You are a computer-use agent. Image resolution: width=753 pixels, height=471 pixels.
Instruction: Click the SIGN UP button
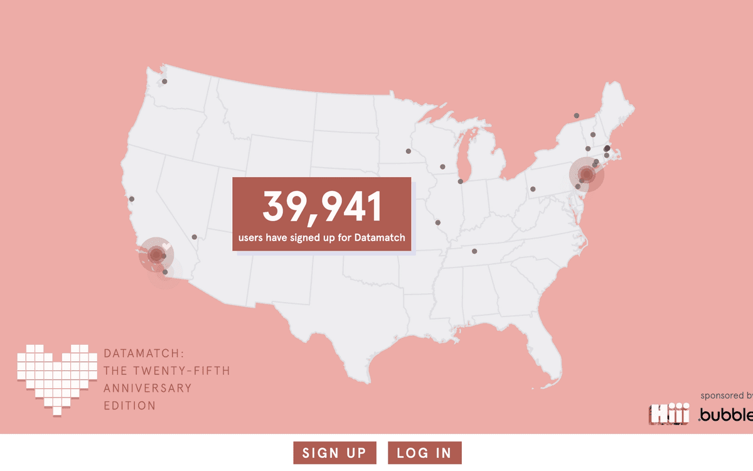[x=334, y=453]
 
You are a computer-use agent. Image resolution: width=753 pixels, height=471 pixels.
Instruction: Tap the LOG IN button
[x=424, y=453]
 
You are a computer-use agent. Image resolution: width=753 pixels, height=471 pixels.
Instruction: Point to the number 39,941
[x=322, y=207]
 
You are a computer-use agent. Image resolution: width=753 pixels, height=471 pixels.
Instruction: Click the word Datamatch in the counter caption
[x=379, y=238]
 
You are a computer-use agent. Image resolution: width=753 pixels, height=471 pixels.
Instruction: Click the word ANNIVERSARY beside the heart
[x=147, y=388]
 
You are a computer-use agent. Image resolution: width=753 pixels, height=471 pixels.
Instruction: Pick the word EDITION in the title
[x=130, y=406]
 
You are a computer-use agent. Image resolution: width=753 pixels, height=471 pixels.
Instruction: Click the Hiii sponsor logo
[x=669, y=414]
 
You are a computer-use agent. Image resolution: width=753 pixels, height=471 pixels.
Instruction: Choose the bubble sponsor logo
[x=726, y=415]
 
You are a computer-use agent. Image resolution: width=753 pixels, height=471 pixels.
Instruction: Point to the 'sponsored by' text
[x=726, y=396]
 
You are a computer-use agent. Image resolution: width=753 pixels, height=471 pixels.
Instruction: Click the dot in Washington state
[x=164, y=81]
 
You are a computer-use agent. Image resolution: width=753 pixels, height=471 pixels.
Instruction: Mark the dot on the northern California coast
[x=132, y=199]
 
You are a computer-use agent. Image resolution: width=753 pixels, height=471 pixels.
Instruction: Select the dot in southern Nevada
[x=195, y=237]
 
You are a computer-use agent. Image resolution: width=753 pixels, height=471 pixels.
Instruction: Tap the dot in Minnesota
[x=409, y=151]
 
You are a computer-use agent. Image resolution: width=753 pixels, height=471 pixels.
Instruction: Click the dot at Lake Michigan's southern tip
[x=460, y=181]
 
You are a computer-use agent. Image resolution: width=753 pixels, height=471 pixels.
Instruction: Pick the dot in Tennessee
[x=474, y=251]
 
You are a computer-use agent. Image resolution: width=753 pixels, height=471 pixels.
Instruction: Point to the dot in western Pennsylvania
[x=533, y=188]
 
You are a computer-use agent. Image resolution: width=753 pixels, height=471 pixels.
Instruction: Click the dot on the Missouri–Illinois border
[x=437, y=222]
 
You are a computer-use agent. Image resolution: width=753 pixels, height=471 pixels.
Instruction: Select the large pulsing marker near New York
[x=587, y=175]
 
